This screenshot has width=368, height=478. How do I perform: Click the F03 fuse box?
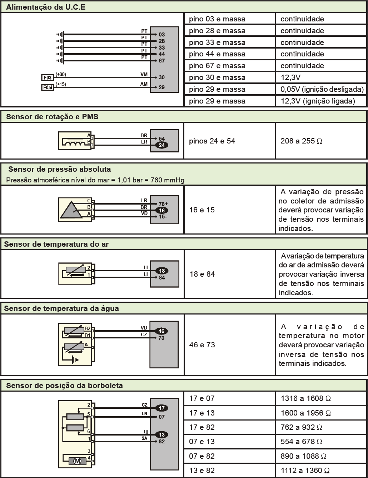(47, 77)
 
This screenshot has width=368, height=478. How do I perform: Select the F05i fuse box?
(47, 87)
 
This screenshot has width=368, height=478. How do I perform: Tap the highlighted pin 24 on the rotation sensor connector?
(161, 145)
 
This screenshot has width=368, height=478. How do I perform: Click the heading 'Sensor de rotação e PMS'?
(52, 117)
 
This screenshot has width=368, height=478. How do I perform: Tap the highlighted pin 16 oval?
(161, 210)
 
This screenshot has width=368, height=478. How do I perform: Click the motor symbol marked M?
(77, 461)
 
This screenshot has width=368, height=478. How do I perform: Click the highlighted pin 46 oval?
(161, 331)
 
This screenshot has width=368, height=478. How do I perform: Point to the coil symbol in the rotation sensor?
(74, 143)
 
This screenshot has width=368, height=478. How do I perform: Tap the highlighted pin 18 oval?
(162, 271)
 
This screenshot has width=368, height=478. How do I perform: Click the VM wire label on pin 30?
(144, 74)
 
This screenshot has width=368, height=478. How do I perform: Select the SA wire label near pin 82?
(144, 438)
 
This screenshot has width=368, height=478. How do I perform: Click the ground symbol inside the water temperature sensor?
(74, 360)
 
